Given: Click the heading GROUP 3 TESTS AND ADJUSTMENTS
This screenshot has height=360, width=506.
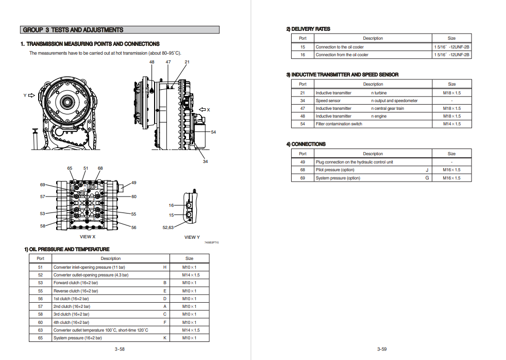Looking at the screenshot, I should click(73, 30).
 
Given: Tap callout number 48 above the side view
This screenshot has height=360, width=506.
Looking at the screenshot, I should click(152, 62).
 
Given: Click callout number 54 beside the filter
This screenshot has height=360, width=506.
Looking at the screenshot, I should click(213, 132).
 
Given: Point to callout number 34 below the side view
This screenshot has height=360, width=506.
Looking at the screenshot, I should click(205, 162).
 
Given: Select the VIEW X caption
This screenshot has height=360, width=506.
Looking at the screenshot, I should click(88, 237).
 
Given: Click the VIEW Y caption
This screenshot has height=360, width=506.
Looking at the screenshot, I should click(192, 237).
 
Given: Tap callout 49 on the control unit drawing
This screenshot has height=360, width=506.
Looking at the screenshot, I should click(134, 183).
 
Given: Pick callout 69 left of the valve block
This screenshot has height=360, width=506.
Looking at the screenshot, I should click(43, 185).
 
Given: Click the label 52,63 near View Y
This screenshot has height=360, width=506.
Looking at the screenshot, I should click(168, 227).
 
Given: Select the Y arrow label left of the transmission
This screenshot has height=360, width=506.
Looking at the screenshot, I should click(25, 95).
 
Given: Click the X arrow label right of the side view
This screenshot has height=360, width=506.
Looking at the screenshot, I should click(208, 109).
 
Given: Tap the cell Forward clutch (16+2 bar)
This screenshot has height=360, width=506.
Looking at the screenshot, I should click(76, 283).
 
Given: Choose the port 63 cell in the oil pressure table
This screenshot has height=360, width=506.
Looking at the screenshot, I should click(40, 330).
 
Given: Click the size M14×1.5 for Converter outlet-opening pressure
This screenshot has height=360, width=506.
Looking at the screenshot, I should click(191, 275).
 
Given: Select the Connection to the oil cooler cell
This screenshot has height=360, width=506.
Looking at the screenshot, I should click(340, 47).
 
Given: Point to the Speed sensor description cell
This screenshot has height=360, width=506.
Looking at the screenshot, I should click(328, 101).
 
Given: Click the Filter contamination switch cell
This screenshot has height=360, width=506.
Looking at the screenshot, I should click(339, 124).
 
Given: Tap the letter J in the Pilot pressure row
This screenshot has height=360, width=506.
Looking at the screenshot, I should click(427, 170).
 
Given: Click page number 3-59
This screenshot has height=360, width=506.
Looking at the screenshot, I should click(381, 349).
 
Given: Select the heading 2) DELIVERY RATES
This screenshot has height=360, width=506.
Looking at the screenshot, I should click(308, 29).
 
